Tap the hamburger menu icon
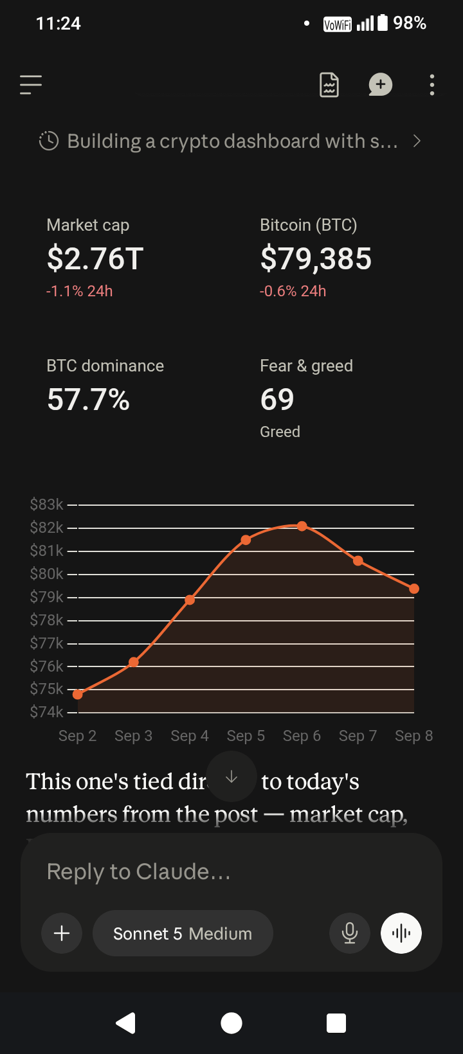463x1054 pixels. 31,85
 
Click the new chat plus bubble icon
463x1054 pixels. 380,85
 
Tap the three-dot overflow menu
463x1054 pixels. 432,85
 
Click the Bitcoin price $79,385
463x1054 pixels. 316,258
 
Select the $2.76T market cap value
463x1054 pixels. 95,258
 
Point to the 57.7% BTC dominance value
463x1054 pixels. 88,400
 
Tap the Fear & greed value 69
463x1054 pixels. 277,400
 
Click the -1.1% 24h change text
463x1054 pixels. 79,291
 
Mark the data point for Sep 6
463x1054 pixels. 302,526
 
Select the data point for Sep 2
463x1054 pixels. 78,695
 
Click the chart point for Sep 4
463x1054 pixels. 190,600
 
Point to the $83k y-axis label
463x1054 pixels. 46,505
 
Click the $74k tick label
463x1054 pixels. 46,712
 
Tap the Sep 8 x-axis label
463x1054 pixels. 413,736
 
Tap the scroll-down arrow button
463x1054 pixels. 232,776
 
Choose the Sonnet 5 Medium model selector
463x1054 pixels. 183,933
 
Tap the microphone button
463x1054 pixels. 349,933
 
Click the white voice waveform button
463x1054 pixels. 401,933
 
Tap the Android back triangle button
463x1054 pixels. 126,1023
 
